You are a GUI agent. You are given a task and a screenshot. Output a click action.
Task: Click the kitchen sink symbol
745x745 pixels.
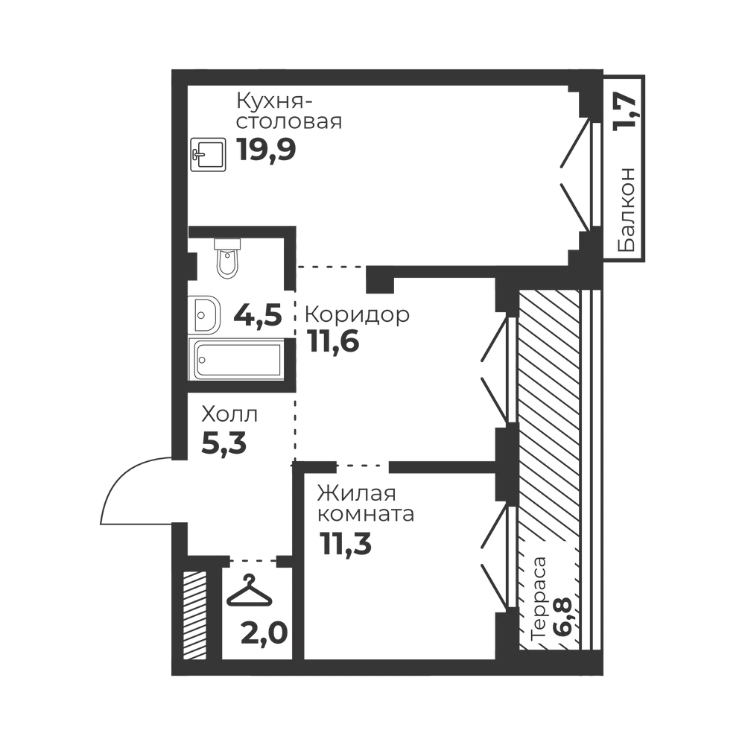tap(208, 154)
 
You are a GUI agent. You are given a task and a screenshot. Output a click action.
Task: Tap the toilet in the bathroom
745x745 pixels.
tap(227, 258)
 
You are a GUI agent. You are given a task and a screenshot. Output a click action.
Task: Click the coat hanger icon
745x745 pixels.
tap(250, 591)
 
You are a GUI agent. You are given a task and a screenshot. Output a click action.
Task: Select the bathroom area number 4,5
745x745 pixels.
tap(258, 315)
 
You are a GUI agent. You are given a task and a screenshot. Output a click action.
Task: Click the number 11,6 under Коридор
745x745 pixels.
tap(333, 341)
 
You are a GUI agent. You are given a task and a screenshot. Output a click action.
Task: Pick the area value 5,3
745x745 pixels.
tap(223, 443)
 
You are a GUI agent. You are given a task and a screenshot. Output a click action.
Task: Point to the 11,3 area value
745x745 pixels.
tap(346, 543)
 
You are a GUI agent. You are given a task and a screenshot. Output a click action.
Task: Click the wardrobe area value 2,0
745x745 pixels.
tap(264, 634)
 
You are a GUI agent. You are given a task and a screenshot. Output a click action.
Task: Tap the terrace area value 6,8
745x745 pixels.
tap(562, 618)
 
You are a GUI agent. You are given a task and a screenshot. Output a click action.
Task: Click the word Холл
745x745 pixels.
tap(230, 415)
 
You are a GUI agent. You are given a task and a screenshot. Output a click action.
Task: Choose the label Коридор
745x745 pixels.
tap(358, 314)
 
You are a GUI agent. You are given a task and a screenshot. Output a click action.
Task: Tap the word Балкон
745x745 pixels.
tap(626, 209)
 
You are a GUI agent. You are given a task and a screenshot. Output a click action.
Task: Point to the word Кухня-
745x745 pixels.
tap(274, 103)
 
